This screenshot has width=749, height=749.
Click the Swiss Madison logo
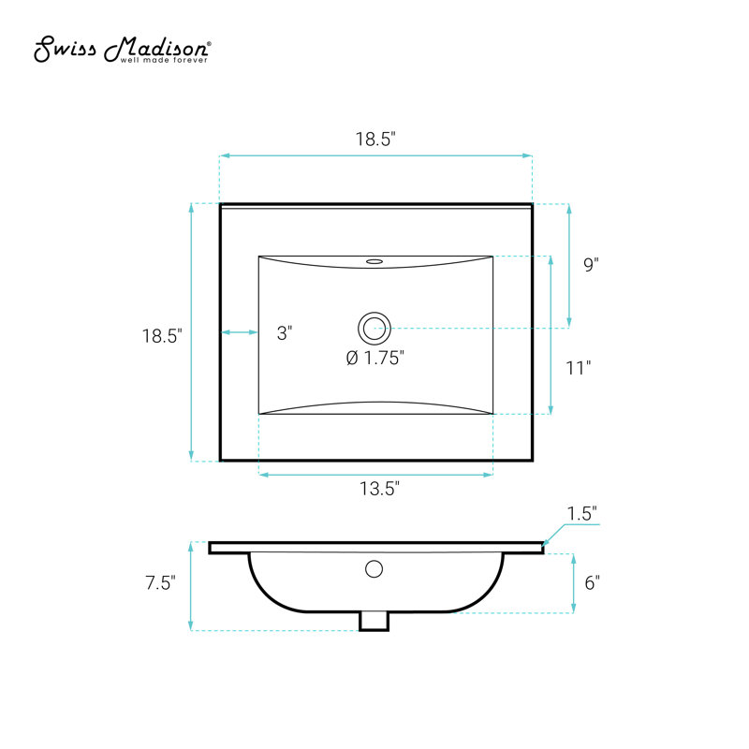click(x=123, y=49)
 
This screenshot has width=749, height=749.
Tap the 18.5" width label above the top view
click(x=375, y=139)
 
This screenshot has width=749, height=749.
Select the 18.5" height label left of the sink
click(x=162, y=336)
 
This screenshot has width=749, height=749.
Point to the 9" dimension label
click(x=591, y=264)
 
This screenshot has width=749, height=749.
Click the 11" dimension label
click(x=578, y=368)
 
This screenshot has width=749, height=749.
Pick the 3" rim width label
click(x=285, y=333)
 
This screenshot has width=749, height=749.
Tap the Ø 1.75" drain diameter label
click(x=375, y=358)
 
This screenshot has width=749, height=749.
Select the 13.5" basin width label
click(x=379, y=489)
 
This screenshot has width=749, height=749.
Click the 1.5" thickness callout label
click(x=581, y=513)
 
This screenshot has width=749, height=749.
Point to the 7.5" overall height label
click(x=160, y=582)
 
